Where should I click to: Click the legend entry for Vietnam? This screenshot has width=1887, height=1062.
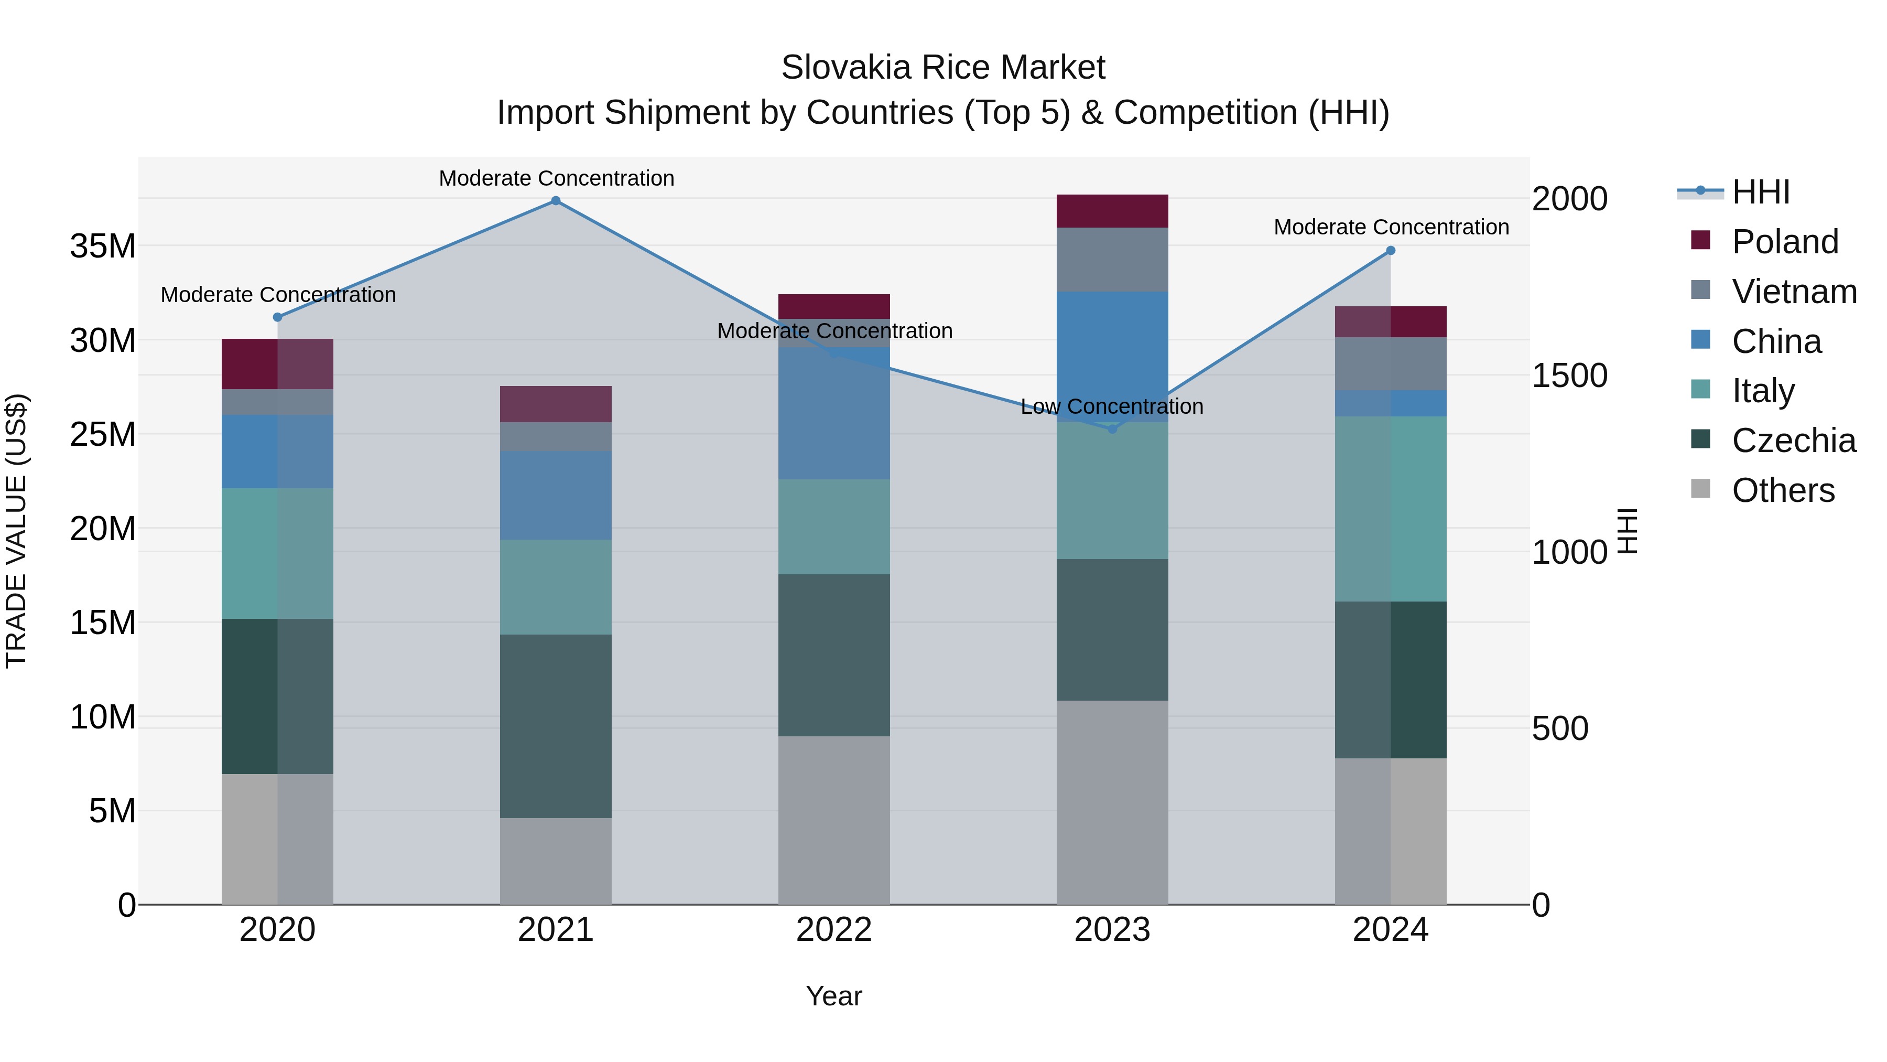coord(1793,292)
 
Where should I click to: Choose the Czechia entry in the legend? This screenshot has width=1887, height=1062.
coord(1793,441)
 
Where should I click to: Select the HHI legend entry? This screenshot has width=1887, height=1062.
coord(1760,192)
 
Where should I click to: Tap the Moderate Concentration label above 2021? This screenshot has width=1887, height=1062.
coord(556,178)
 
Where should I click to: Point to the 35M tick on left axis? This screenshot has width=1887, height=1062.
coord(103,246)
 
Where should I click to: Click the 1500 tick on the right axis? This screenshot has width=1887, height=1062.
coord(1569,376)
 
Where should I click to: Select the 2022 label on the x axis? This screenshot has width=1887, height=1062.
coord(833,930)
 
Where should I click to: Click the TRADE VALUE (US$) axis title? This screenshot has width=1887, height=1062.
coord(16,531)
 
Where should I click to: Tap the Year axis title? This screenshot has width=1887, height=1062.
coord(833,996)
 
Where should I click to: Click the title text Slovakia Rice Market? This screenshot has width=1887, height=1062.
coord(943,68)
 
